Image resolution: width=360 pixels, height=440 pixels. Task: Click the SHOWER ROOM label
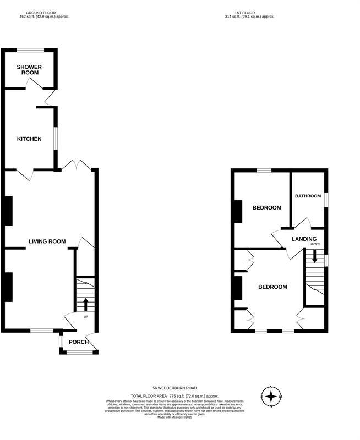[x=29, y=69]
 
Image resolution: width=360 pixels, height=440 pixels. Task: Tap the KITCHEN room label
[x=29, y=139]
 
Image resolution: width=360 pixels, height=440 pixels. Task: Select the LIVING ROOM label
[x=47, y=241]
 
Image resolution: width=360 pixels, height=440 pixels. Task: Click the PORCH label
[x=78, y=342]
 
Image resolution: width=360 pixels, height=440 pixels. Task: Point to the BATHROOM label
[x=308, y=196]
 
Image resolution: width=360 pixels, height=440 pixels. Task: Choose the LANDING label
[x=304, y=239]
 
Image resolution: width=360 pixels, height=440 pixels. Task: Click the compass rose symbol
[x=271, y=396]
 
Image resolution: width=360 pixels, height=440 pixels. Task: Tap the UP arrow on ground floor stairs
[x=85, y=304]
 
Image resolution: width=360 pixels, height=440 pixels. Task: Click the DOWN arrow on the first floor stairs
[x=314, y=256]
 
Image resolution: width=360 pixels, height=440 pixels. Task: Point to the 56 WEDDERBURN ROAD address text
[x=174, y=388]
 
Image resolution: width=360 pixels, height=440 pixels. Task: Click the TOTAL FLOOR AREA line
[x=174, y=396]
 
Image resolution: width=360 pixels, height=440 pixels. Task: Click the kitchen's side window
[x=55, y=139]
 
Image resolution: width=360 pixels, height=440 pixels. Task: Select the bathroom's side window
[x=326, y=199]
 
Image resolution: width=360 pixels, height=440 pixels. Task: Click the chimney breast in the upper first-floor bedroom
[x=238, y=211]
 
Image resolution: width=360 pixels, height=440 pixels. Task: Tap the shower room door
[x=34, y=82]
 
